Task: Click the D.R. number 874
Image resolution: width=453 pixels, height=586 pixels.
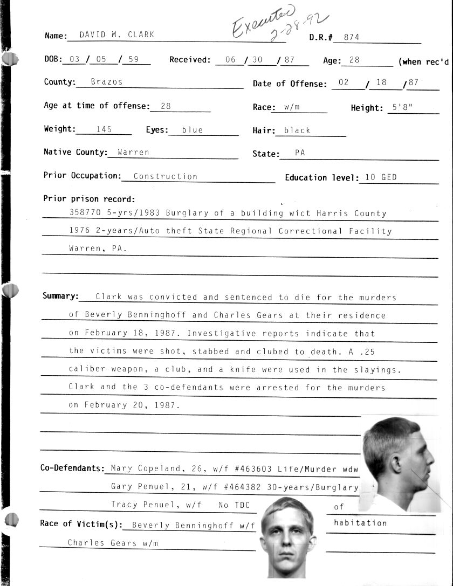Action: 351,37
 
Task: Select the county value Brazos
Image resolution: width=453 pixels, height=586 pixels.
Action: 106,82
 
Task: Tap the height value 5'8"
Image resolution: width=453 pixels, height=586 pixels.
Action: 402,107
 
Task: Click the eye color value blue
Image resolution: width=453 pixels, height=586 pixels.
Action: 193,130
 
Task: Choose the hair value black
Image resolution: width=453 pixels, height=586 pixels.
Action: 297,130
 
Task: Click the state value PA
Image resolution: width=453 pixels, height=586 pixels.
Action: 300,153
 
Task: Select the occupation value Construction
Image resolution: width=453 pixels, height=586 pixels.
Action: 165,176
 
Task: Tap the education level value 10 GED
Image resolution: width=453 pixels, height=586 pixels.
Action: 381,177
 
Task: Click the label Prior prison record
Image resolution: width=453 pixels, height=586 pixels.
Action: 89,199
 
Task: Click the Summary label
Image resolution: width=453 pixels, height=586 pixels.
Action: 60,296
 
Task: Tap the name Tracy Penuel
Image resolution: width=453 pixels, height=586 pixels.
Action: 144,505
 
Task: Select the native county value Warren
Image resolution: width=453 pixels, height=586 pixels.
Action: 133,153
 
